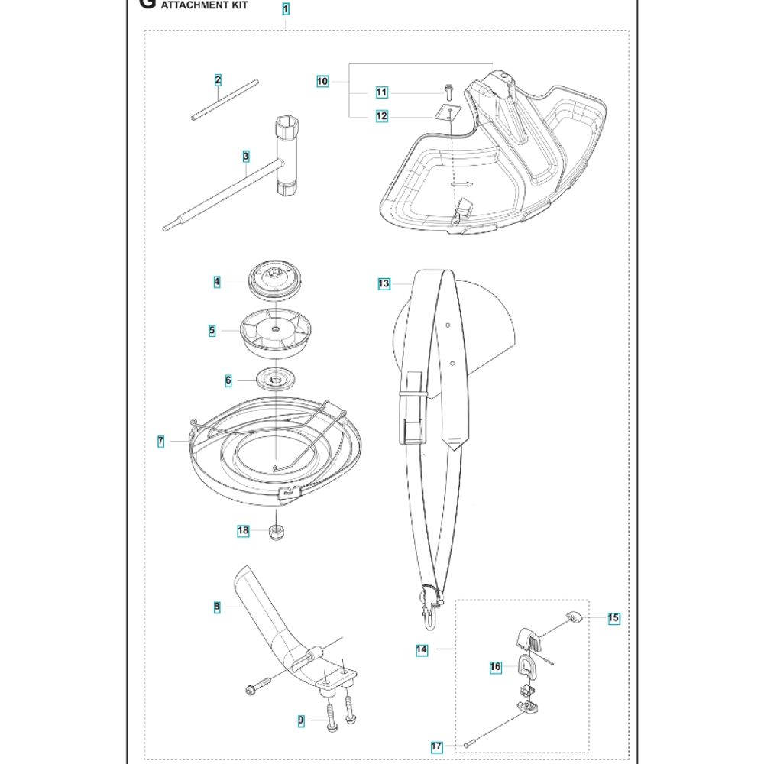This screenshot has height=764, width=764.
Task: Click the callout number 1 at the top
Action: point(286,9)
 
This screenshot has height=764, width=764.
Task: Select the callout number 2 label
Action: point(218,80)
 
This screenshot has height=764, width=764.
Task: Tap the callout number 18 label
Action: point(243,530)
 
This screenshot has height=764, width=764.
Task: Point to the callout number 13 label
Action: point(384,283)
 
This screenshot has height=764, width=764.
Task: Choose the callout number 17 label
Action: point(436,746)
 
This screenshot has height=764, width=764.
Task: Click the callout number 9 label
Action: point(300,720)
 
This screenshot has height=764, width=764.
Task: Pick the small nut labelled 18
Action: point(277,533)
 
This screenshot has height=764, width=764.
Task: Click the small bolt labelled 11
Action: point(448,92)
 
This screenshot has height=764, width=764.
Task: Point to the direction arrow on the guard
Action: point(462,185)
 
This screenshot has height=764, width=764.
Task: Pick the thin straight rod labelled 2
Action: point(225,100)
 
